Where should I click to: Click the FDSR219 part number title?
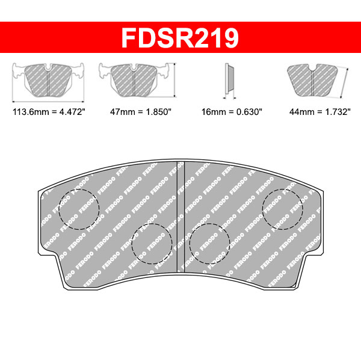click(180, 38)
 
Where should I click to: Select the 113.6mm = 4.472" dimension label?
click(49, 112)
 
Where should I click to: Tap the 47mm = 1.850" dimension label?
click(141, 112)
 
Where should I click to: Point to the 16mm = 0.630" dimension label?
click(232, 112)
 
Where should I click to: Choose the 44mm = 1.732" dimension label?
click(320, 112)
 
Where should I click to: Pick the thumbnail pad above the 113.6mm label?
click(48, 80)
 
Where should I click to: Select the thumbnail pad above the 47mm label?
click(134, 80)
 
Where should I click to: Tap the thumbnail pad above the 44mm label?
click(312, 80)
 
